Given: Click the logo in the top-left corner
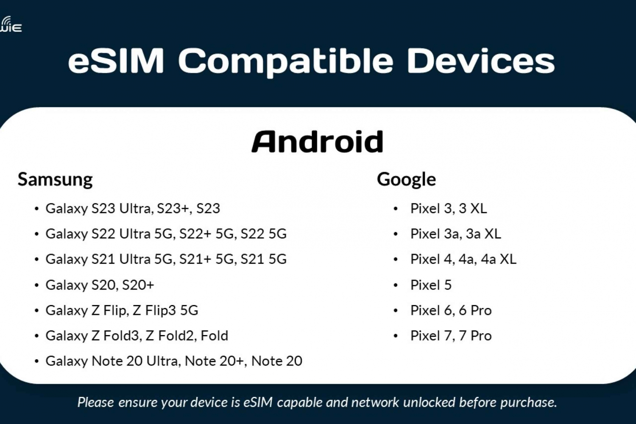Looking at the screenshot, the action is click(x=11, y=24).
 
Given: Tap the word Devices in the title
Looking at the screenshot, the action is click(x=481, y=61).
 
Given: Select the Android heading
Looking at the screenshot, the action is click(x=318, y=141).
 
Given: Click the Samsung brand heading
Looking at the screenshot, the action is click(x=55, y=180).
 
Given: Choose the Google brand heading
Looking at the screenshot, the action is click(x=406, y=180).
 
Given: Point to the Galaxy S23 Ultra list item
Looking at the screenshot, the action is click(x=133, y=209).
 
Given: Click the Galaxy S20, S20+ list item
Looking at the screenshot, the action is click(x=100, y=285).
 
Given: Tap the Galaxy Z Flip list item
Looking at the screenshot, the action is click(x=122, y=310).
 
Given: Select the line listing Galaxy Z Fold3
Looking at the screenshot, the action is click(x=137, y=336).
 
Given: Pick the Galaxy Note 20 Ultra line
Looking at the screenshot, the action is click(x=174, y=361).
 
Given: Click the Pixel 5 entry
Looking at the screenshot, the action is click(x=431, y=285).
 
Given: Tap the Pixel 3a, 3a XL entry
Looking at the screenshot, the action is click(x=456, y=234).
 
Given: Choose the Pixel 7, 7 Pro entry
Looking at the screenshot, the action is click(x=451, y=336).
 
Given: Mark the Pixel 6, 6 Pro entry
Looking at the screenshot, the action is click(x=451, y=310).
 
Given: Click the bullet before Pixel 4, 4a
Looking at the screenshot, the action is click(x=396, y=260).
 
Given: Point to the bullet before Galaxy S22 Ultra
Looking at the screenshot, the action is click(x=36, y=234).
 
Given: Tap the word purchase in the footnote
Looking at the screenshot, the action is click(x=528, y=403).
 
